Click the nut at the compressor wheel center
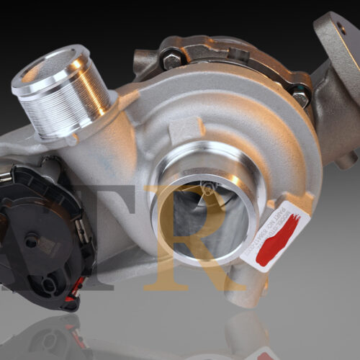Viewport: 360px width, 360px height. click(208, 189)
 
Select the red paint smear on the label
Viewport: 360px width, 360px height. click(279, 238)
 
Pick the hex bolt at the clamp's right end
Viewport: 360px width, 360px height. click(300, 97)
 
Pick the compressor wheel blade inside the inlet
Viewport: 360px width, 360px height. click(194, 205)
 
